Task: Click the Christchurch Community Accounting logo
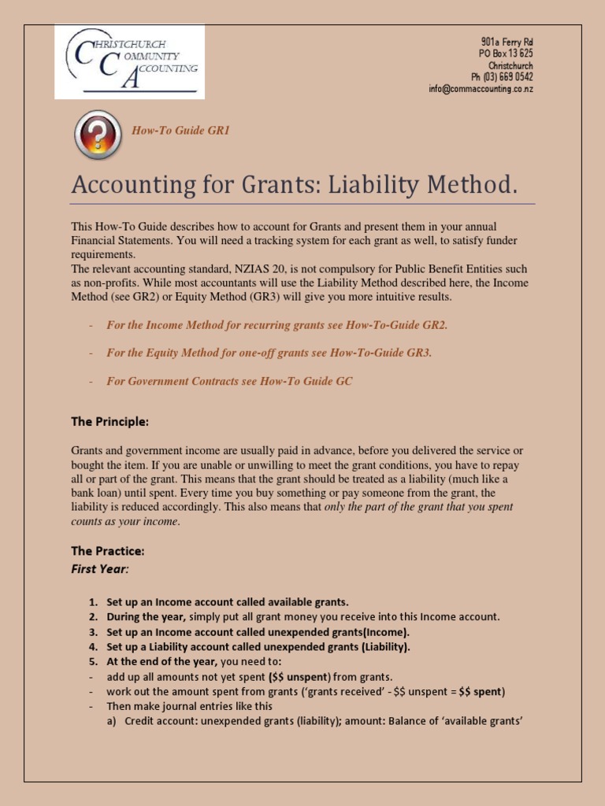click(x=129, y=61)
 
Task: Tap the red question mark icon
click(x=98, y=135)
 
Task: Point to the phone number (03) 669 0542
click(x=502, y=77)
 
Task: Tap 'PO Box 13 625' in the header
click(x=506, y=54)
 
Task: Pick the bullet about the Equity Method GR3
click(x=269, y=353)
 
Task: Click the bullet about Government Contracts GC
click(x=229, y=381)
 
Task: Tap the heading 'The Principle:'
click(x=109, y=422)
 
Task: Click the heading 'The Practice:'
click(x=108, y=551)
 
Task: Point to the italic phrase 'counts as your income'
click(x=124, y=521)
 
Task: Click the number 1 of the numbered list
click(x=93, y=603)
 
